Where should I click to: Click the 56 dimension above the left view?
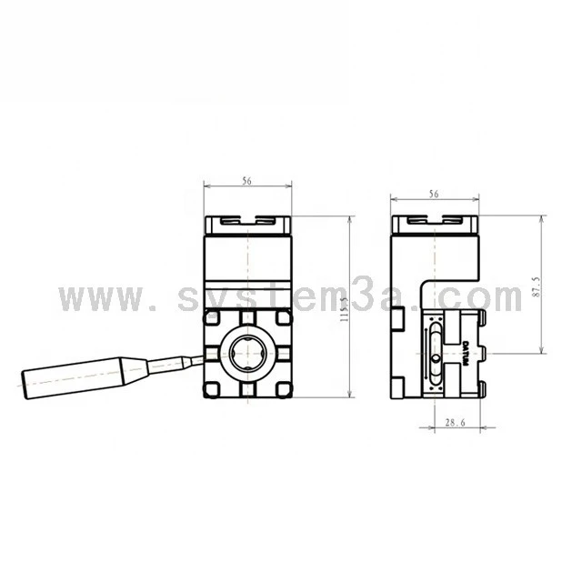[x=246, y=181]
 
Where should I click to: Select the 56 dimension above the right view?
[x=434, y=194]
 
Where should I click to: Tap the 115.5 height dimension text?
[x=345, y=309]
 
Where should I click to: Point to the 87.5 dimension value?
[x=536, y=286]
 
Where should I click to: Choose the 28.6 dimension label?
[x=455, y=422]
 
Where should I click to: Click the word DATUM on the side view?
[x=466, y=354]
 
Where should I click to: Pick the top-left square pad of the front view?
[x=211, y=317]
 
